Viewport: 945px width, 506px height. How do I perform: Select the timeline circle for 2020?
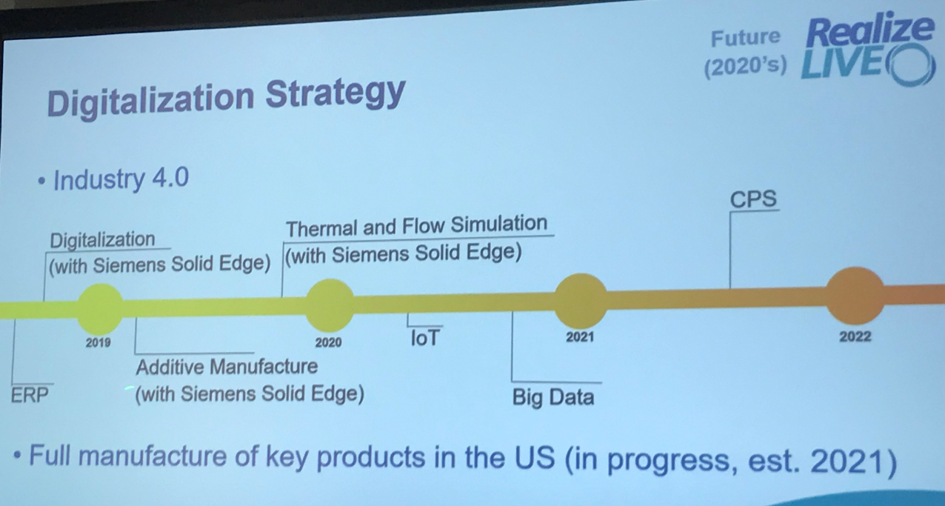[330, 305]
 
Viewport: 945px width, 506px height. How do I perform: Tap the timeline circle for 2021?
[580, 300]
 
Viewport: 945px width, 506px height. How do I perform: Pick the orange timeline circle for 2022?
[855, 296]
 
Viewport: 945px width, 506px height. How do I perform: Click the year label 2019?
[98, 342]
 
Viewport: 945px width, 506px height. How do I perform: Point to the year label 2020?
[328, 342]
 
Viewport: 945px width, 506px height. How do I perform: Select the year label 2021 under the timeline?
[580, 337]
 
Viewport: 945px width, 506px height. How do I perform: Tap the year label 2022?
[855, 336]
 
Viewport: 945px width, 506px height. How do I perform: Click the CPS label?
[753, 199]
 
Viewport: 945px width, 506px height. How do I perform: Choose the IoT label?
[425, 338]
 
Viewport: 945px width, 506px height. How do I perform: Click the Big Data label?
[553, 398]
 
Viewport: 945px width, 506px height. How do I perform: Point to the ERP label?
[30, 396]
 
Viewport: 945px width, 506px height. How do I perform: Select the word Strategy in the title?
[335, 93]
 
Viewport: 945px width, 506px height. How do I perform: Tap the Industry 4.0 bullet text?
[121, 179]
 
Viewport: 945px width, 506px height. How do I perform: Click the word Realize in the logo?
[869, 31]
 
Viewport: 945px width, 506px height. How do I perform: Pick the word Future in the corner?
[746, 38]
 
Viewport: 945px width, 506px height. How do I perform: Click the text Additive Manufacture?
[227, 367]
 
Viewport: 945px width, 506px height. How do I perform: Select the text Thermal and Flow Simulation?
[417, 226]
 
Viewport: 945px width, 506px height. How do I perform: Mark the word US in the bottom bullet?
[535, 457]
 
